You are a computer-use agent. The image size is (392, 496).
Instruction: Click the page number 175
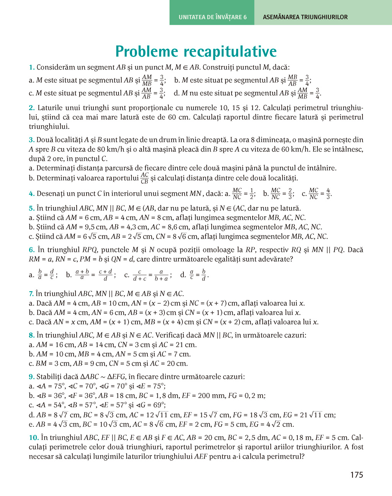[x=356, y=475]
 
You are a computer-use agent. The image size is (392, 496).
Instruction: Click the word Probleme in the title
[x=147, y=52]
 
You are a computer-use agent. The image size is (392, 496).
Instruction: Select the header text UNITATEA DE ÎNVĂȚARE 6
[x=212, y=17]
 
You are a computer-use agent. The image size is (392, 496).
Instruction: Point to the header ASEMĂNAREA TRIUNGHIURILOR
[x=305, y=17]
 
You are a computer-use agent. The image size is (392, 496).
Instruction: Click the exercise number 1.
[x=32, y=68]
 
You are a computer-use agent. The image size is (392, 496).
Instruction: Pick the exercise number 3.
[x=32, y=140]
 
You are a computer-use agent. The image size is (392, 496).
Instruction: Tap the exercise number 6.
[x=32, y=250]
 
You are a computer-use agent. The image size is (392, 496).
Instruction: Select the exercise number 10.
[x=34, y=438]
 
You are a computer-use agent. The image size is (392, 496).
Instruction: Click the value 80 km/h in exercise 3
[x=98, y=149]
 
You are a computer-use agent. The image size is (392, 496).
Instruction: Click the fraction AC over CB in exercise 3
[x=144, y=178]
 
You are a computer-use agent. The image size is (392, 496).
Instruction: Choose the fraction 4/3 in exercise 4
[x=328, y=194]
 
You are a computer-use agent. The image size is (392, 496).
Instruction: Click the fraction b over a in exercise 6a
[x=40, y=275]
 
